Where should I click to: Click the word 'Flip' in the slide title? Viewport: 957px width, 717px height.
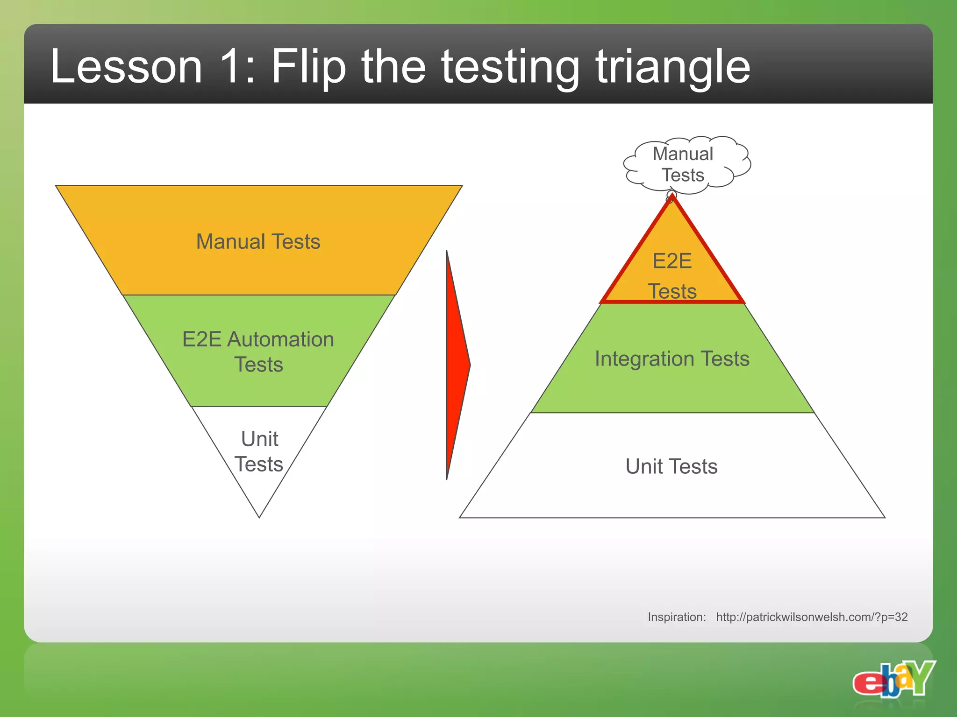tap(308, 66)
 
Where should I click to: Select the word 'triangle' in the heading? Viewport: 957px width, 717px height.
tap(672, 66)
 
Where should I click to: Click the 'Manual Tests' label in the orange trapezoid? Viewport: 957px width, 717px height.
tap(258, 242)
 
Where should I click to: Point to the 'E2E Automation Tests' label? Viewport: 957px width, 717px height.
tap(258, 351)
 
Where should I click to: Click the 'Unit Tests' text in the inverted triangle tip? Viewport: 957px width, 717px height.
tap(259, 451)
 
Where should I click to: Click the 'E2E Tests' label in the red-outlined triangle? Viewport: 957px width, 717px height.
tap(672, 275)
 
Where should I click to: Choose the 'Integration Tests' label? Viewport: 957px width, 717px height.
tap(672, 358)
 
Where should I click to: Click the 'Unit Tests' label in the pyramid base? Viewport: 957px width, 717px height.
tap(671, 466)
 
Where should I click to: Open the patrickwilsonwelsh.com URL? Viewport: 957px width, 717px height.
tap(812, 617)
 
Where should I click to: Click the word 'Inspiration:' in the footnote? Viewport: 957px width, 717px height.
tap(677, 617)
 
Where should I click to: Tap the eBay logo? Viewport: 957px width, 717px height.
tap(893, 680)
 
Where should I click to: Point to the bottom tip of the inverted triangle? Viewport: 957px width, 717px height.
tap(259, 517)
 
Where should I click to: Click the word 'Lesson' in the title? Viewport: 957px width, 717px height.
tap(126, 66)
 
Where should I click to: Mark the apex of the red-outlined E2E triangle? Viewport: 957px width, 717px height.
tap(672, 197)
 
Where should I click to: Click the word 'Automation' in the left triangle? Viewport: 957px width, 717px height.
tap(280, 339)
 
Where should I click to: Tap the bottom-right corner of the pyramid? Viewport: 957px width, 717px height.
tap(884, 517)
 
